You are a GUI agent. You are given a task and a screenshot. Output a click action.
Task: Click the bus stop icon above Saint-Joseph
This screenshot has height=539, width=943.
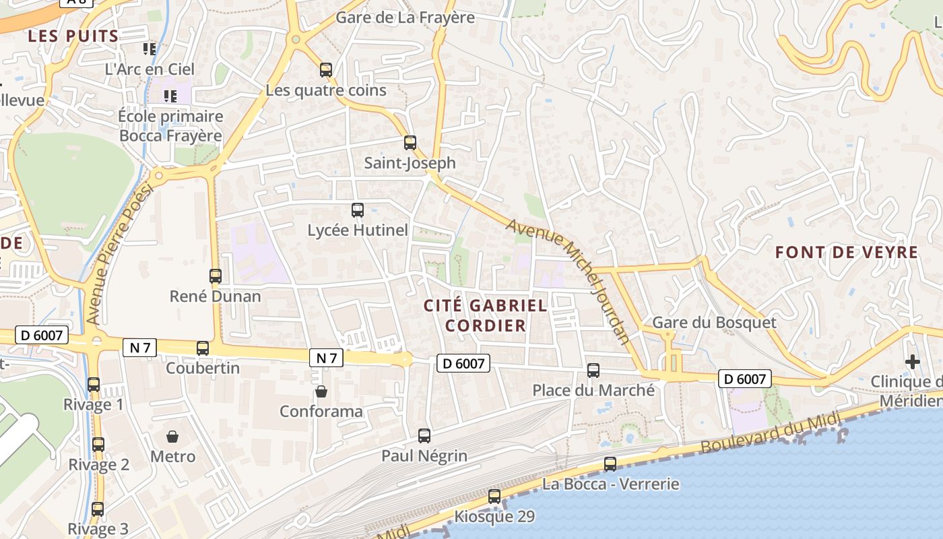pyautogui.click(x=410, y=142)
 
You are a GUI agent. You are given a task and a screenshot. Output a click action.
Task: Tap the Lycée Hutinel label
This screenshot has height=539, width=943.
pyautogui.click(x=358, y=230)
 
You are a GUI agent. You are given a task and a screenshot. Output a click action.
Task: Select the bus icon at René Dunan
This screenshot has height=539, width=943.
pyautogui.click(x=215, y=276)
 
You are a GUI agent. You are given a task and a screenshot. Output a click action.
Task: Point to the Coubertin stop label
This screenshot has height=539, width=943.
pyautogui.click(x=203, y=368)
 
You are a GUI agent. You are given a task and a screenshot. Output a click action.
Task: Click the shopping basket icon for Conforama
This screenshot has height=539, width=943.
pyautogui.click(x=321, y=391)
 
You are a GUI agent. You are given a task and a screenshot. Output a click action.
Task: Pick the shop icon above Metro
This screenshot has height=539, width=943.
pyautogui.click(x=172, y=437)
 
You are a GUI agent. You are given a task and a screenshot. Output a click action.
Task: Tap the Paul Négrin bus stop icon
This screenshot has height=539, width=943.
pyautogui.click(x=424, y=435)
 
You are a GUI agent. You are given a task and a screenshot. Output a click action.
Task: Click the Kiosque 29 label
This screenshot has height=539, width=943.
pyautogui.click(x=494, y=517)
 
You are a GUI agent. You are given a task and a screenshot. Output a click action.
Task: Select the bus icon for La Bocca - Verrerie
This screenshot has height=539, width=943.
pyautogui.click(x=610, y=464)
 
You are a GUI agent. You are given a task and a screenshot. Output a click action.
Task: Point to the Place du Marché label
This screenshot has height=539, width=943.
pyautogui.click(x=593, y=390)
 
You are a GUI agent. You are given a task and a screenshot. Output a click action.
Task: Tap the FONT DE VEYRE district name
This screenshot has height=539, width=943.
pyautogui.click(x=846, y=253)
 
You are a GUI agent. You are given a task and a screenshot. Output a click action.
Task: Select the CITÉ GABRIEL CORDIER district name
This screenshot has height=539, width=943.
pyautogui.click(x=485, y=315)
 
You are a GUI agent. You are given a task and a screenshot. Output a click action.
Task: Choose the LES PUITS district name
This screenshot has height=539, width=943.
pyautogui.click(x=73, y=36)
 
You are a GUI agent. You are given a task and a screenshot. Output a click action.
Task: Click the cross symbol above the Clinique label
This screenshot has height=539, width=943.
pyautogui.click(x=912, y=362)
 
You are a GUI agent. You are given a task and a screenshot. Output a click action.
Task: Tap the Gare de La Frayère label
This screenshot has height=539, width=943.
pyautogui.click(x=405, y=18)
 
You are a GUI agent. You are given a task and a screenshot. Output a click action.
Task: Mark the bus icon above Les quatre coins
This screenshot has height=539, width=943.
pyautogui.click(x=325, y=69)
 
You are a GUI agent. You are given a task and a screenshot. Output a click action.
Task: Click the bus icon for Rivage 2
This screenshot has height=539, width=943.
pyautogui.click(x=98, y=445)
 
